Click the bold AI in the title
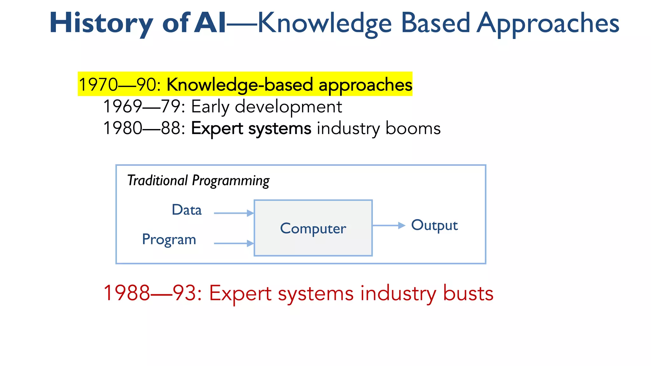pyautogui.click(x=210, y=23)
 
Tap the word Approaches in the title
pyautogui.click(x=548, y=24)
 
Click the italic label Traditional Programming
pyautogui.click(x=198, y=180)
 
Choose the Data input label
pyautogui.click(x=187, y=210)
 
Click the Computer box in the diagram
pyautogui.click(x=313, y=228)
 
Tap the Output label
pyautogui.click(x=434, y=225)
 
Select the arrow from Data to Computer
pyautogui.click(x=234, y=213)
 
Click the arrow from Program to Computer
pyautogui.click(x=234, y=243)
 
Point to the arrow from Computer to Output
pyautogui.click(x=388, y=226)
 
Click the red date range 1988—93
pyautogui.click(x=153, y=293)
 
